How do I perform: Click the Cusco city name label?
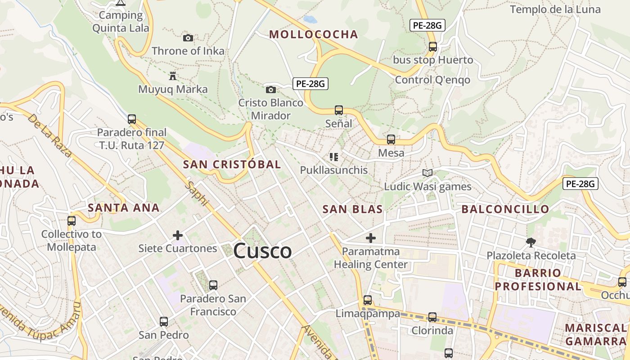(262, 251)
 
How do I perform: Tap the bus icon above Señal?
(339, 110)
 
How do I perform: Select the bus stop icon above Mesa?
(391, 139)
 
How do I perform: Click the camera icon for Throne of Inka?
(188, 38)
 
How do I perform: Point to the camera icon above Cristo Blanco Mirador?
(270, 90)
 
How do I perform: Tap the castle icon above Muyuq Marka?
(173, 76)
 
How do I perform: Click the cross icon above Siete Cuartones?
(178, 235)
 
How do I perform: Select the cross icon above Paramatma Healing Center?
(371, 238)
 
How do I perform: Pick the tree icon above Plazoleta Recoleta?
(531, 243)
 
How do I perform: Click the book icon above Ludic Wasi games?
(427, 173)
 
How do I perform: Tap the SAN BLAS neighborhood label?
(353, 209)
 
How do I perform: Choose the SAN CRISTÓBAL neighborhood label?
(232, 164)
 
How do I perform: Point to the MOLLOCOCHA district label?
(314, 34)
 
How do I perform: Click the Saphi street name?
(197, 193)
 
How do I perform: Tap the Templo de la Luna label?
(555, 9)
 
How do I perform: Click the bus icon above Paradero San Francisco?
(213, 285)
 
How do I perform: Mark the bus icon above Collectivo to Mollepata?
(72, 221)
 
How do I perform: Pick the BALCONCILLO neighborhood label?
(505, 209)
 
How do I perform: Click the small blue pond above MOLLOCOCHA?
(310, 19)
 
